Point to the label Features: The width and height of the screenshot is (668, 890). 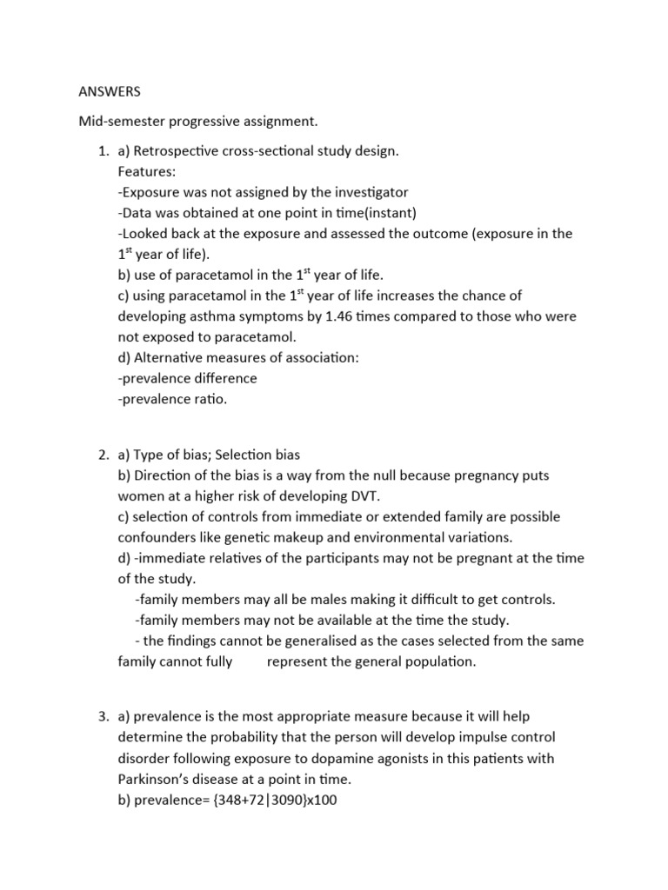click(x=146, y=172)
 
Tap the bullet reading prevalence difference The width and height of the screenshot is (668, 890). click(x=188, y=379)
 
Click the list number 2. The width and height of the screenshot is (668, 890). click(x=103, y=455)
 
